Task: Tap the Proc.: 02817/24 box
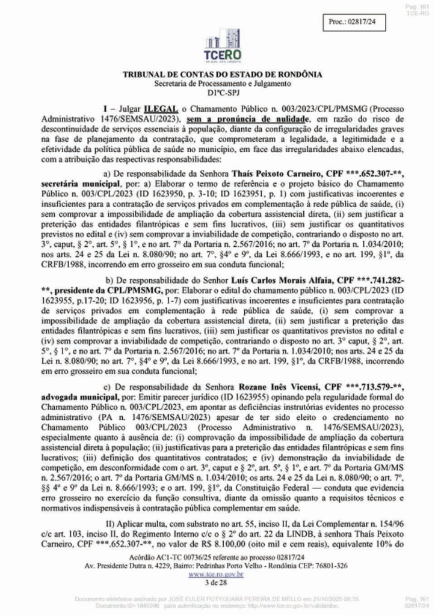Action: pyautogui.click(x=350, y=22)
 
